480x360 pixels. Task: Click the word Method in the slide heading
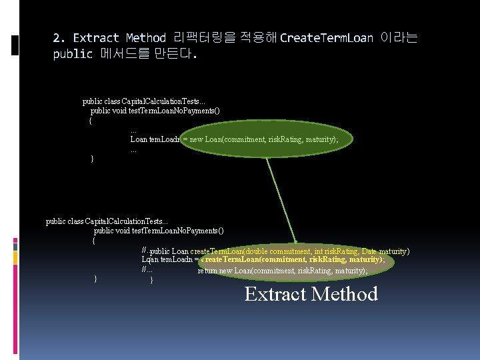tap(145, 38)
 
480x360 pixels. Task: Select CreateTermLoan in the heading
tap(327, 38)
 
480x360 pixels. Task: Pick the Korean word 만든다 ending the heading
tap(175, 54)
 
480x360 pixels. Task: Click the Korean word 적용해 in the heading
tap(259, 38)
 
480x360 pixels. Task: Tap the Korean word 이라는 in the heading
tap(399, 38)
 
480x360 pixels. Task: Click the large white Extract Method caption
tap(311, 294)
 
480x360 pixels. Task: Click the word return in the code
tap(207, 271)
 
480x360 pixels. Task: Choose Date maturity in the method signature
tap(386, 251)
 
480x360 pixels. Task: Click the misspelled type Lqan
tap(149, 259)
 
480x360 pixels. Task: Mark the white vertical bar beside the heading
tap(15, 46)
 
